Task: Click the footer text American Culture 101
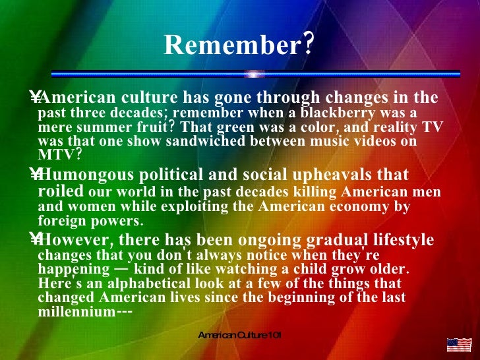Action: coord(240,336)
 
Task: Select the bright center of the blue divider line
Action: coord(251,73)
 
